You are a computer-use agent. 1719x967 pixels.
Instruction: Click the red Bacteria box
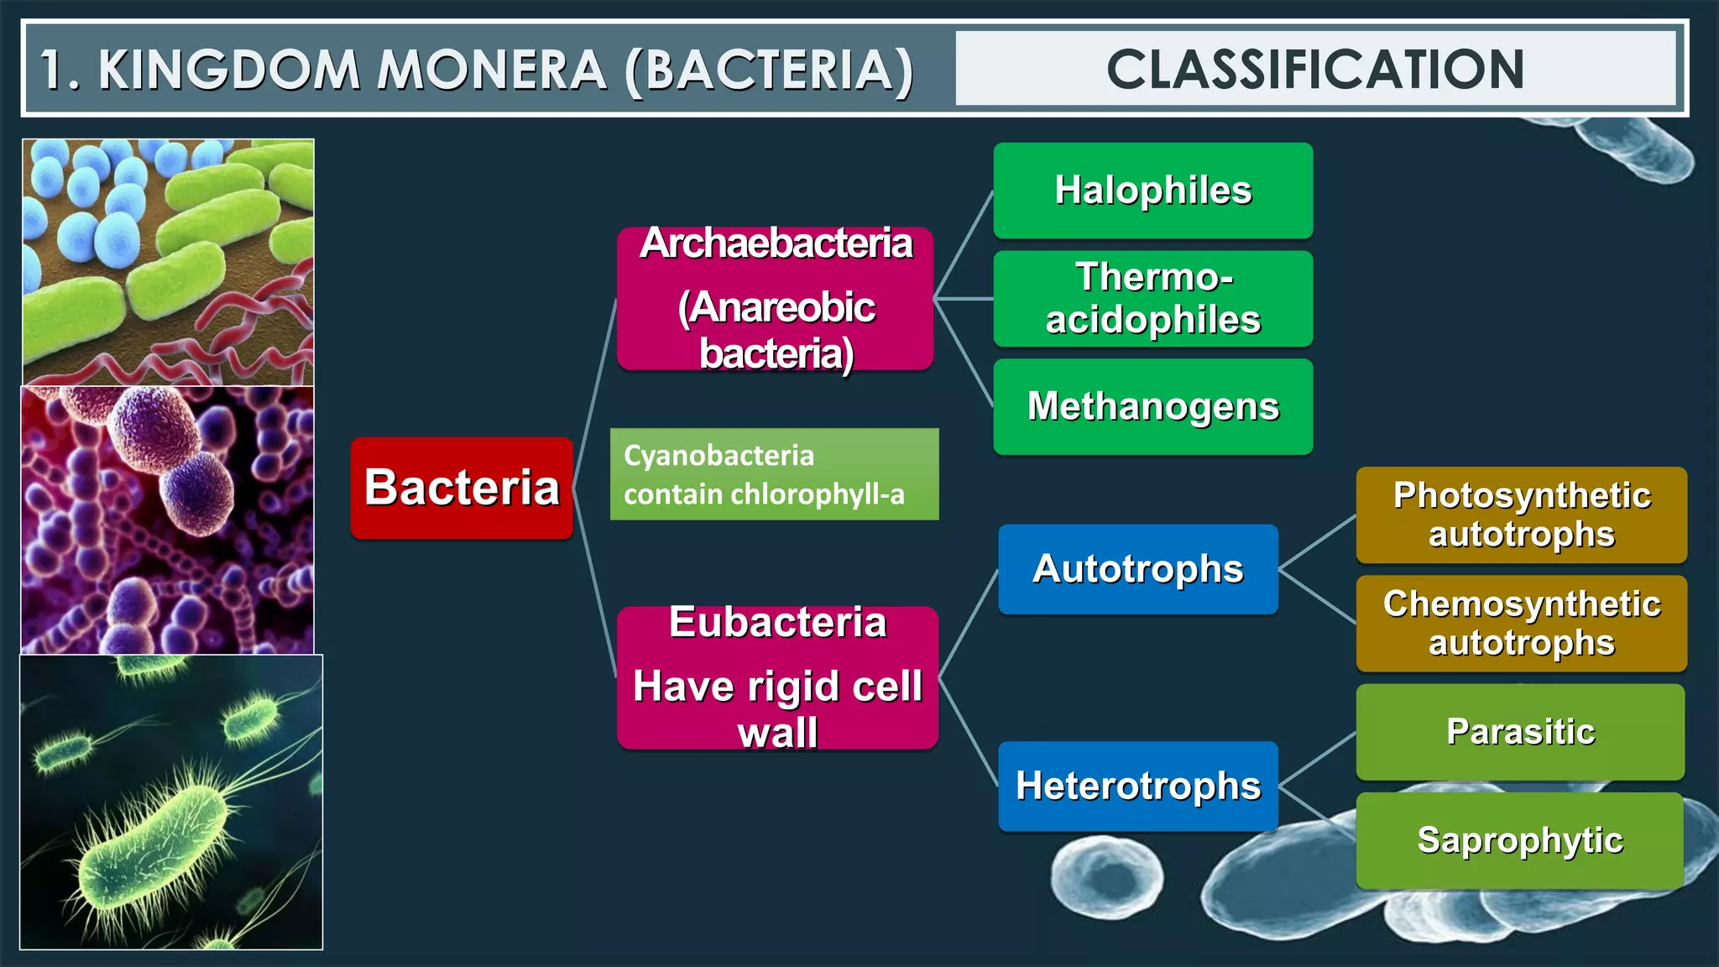click(462, 488)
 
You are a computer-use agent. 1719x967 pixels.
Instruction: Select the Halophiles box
click(1152, 191)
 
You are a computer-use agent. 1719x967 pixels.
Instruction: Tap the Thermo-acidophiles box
click(1152, 299)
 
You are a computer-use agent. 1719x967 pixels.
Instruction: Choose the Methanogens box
click(1152, 407)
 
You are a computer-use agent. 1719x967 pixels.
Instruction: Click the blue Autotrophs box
click(1137, 569)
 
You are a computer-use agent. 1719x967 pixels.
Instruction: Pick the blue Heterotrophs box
click(1137, 787)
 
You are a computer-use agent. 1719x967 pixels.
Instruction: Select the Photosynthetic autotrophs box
click(1521, 515)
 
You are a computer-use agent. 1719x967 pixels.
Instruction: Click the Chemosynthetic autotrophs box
click(1521, 623)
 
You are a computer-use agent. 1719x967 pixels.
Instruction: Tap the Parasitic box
click(1520, 732)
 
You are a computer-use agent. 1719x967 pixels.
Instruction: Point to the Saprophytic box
click(1520, 840)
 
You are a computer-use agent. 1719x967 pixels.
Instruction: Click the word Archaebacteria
click(776, 244)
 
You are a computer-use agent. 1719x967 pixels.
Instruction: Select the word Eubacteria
click(777, 623)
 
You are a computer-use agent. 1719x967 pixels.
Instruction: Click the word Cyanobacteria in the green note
click(718, 456)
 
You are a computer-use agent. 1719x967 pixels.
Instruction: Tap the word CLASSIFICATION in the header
click(1315, 69)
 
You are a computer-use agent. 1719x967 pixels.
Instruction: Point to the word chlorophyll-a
click(818, 494)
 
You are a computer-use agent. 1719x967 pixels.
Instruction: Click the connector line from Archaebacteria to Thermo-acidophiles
click(964, 298)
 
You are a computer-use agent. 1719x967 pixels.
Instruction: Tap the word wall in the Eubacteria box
click(777, 733)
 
